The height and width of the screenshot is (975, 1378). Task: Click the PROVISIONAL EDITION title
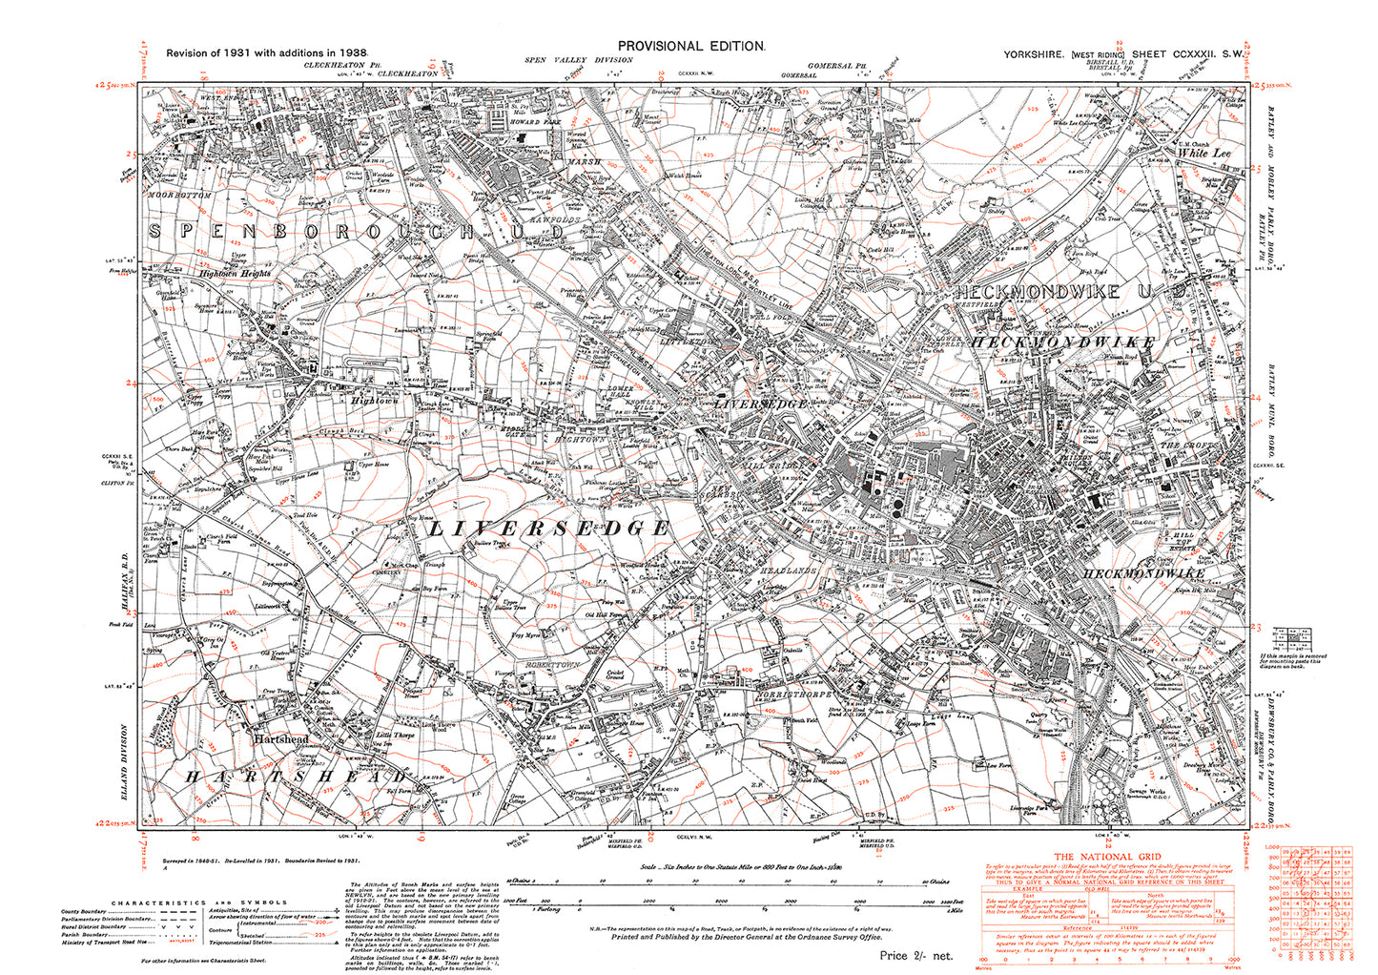(690, 46)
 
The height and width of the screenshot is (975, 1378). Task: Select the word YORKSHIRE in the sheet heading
(1035, 55)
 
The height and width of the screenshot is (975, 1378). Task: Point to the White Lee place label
(1203, 153)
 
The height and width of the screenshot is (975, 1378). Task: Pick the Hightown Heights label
(236, 274)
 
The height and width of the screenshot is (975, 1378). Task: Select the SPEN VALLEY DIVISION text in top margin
(565, 60)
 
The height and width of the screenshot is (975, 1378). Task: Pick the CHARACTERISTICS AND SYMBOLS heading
(199, 902)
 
